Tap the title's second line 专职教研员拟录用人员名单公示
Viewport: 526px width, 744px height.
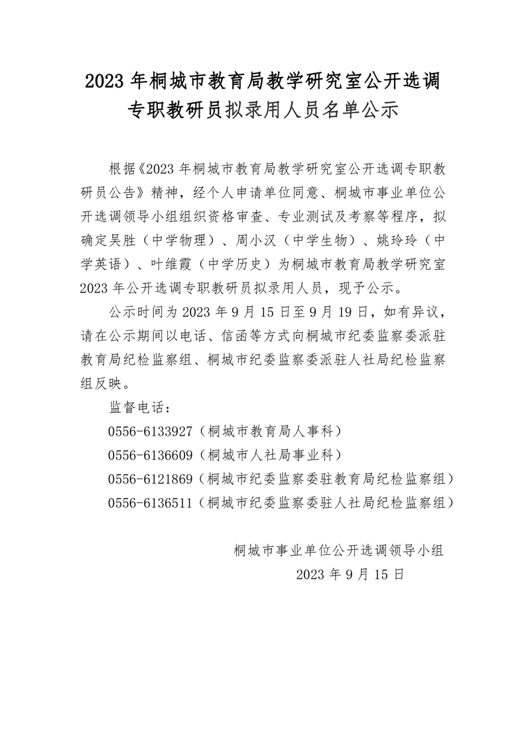pyautogui.click(x=263, y=110)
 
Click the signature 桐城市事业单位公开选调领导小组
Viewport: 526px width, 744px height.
pyautogui.click(x=338, y=550)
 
